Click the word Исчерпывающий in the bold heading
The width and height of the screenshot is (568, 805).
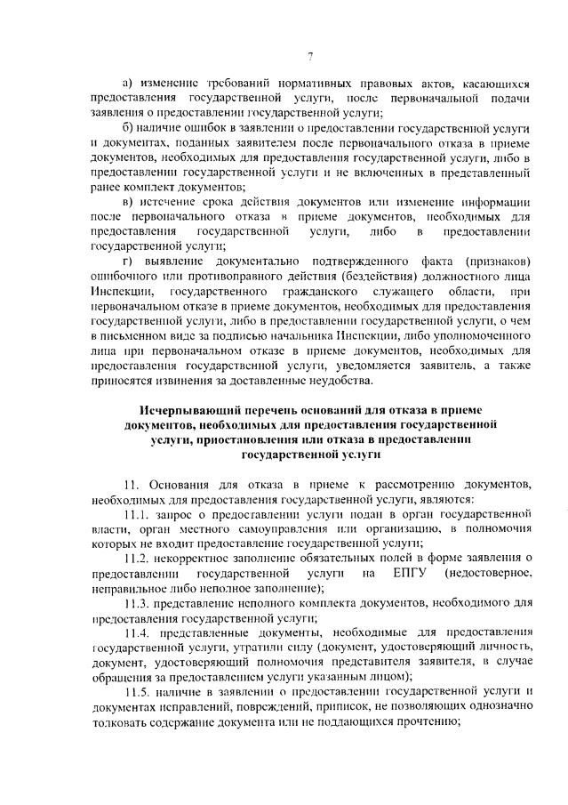click(x=188, y=409)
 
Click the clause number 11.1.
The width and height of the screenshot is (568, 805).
click(x=138, y=515)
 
